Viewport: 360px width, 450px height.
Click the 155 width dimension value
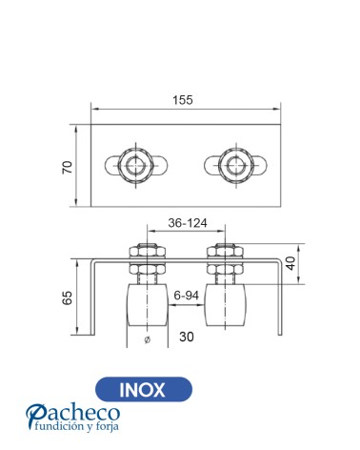[183, 100]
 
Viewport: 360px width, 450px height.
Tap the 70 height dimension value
[68, 168]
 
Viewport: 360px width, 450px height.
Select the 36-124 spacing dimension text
[188, 223]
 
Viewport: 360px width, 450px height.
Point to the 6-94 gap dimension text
[186, 296]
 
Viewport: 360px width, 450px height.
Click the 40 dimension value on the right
[290, 263]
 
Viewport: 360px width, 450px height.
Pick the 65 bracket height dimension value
[68, 297]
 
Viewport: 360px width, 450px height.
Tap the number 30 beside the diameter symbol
[187, 337]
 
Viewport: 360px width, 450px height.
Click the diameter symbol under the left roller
[147, 339]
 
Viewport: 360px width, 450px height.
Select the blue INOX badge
[144, 389]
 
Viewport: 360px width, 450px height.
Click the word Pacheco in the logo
[73, 414]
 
